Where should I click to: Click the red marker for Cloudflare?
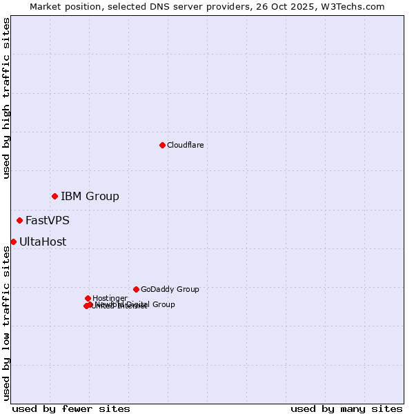point(162,145)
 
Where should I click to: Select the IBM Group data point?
point(55,197)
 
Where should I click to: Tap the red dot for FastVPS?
point(19,221)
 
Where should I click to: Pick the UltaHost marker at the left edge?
point(13,241)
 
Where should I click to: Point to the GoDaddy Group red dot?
point(136,289)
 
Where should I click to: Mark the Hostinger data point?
point(88,298)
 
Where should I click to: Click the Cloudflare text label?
point(185,145)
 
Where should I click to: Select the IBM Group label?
point(90,197)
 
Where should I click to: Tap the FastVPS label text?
point(48,221)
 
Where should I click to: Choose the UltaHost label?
point(43,241)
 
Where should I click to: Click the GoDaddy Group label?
point(170,289)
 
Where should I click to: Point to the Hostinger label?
point(110,298)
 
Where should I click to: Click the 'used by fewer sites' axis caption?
point(71,408)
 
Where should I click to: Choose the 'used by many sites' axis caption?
point(346,408)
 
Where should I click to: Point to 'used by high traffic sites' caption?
point(6,98)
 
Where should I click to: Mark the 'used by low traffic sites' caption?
point(6,323)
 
